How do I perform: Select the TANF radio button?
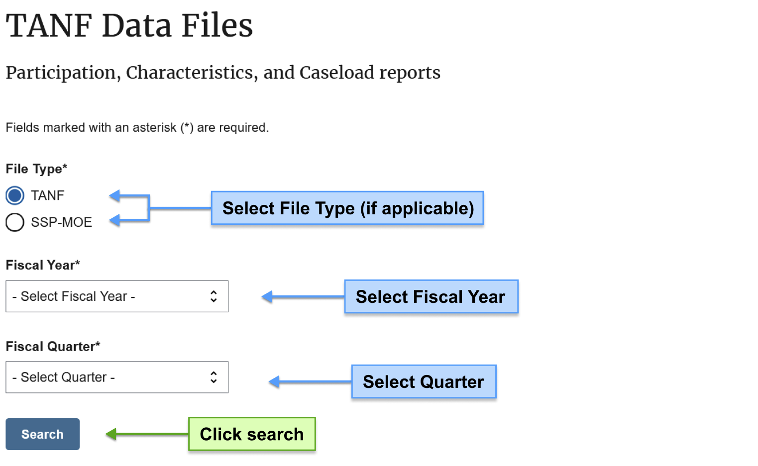[x=15, y=195]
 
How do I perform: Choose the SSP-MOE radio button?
[x=15, y=222]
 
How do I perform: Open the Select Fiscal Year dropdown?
[x=117, y=296]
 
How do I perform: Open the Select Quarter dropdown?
[x=117, y=377]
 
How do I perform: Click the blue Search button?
[x=43, y=434]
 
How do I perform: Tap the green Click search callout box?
[x=252, y=434]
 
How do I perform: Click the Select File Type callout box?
[x=347, y=208]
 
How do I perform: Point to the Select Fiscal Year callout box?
[x=432, y=296]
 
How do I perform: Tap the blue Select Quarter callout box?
[x=424, y=381]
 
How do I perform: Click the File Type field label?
[x=36, y=169]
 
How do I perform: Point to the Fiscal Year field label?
[x=43, y=265]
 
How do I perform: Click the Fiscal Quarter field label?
[x=53, y=347]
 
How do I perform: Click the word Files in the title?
[x=217, y=26]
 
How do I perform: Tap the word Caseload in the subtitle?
[x=336, y=73]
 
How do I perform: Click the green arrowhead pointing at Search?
[x=111, y=434]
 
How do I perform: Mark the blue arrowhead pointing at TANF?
[x=114, y=195]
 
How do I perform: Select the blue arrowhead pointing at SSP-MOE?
[x=114, y=220]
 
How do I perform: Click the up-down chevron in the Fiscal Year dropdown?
[x=214, y=296]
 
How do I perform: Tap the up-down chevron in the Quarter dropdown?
[x=214, y=377]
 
